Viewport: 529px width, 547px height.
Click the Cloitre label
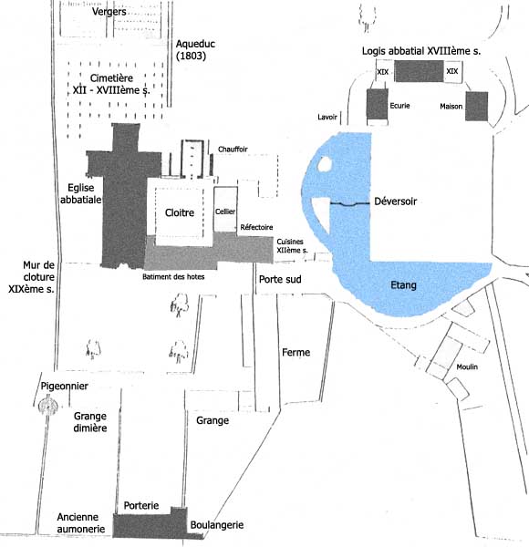click(x=180, y=212)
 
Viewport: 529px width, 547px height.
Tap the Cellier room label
click(x=225, y=212)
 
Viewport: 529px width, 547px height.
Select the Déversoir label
click(x=395, y=201)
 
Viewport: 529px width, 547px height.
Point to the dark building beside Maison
click(x=477, y=107)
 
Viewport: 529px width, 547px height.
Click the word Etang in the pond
click(x=403, y=285)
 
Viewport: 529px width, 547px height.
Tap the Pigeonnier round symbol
click(x=47, y=406)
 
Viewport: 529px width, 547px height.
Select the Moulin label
click(x=467, y=366)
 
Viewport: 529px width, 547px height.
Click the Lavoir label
click(x=327, y=118)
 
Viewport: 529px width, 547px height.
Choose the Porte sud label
click(x=280, y=280)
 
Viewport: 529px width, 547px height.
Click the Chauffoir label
click(x=233, y=150)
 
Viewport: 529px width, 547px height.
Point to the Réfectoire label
click(x=256, y=227)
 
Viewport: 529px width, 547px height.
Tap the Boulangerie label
click(x=217, y=525)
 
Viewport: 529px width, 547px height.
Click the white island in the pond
click(x=325, y=163)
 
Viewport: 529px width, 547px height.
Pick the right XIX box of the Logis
click(x=453, y=71)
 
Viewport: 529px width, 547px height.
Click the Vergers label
click(x=109, y=12)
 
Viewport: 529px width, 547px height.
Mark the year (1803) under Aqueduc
click(x=191, y=56)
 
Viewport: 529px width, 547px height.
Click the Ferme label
click(x=296, y=352)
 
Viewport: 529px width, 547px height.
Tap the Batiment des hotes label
click(x=173, y=277)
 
